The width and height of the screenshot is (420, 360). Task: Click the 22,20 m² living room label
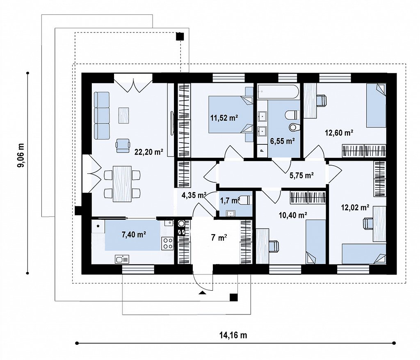149,152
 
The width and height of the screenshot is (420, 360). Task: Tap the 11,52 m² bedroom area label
224,118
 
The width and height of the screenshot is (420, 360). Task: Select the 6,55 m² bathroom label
283,141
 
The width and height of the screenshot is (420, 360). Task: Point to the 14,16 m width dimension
233,335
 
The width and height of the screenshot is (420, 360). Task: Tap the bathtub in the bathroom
278,92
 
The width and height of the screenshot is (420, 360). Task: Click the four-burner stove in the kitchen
168,244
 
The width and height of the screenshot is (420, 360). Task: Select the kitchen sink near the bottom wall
122,259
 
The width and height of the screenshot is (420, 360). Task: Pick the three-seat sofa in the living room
102,116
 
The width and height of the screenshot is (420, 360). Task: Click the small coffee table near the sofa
123,115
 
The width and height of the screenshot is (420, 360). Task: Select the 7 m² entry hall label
219,237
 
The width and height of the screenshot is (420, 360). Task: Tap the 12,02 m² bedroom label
355,207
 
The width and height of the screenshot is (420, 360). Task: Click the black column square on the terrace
180,36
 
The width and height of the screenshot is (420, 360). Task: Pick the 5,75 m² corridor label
301,175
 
